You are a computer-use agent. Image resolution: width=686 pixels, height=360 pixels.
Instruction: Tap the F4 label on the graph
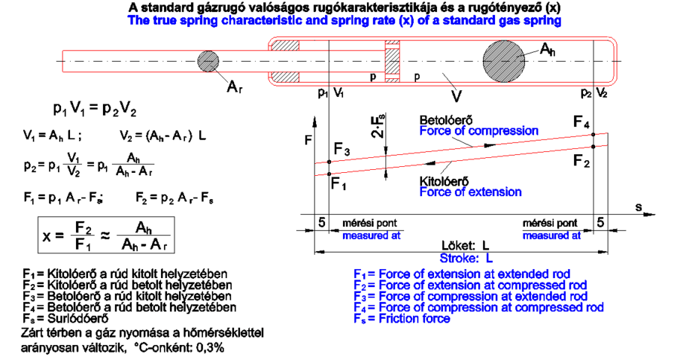click(x=583, y=121)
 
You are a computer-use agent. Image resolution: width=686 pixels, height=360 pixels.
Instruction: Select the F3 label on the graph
click(x=342, y=151)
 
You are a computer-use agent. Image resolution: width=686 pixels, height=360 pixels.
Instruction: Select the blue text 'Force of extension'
click(x=461, y=192)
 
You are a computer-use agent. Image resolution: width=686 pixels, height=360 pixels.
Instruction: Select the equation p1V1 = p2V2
click(x=95, y=109)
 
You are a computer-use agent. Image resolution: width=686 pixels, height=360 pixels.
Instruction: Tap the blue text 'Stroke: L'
click(x=468, y=259)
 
